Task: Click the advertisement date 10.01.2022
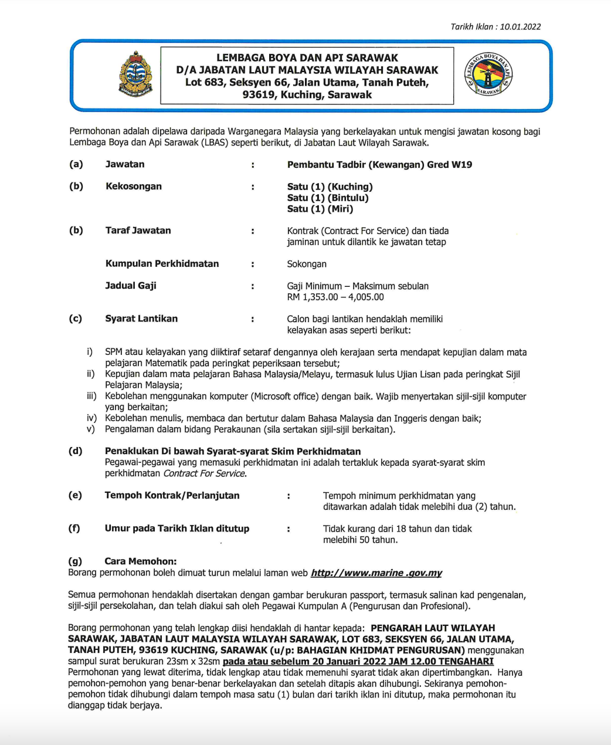coord(520,27)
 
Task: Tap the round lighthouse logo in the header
coord(488,75)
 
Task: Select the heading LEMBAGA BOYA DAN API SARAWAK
coord(307,58)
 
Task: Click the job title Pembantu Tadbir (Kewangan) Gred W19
coord(379,165)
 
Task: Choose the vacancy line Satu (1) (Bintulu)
coord(328,198)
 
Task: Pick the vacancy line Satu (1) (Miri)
coord(320,209)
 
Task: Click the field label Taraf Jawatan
coord(138,231)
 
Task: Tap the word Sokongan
coord(307,264)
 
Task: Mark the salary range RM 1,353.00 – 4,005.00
coord(335,297)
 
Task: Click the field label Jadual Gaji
coord(131,286)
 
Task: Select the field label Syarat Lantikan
coord(141,319)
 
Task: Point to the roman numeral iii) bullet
coord(91,397)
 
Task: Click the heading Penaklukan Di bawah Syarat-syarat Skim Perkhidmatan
coord(233,451)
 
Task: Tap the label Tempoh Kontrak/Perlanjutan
coord(172,496)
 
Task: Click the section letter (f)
coord(74,529)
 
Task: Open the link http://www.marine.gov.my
coord(376,573)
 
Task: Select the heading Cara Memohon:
coord(140,561)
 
